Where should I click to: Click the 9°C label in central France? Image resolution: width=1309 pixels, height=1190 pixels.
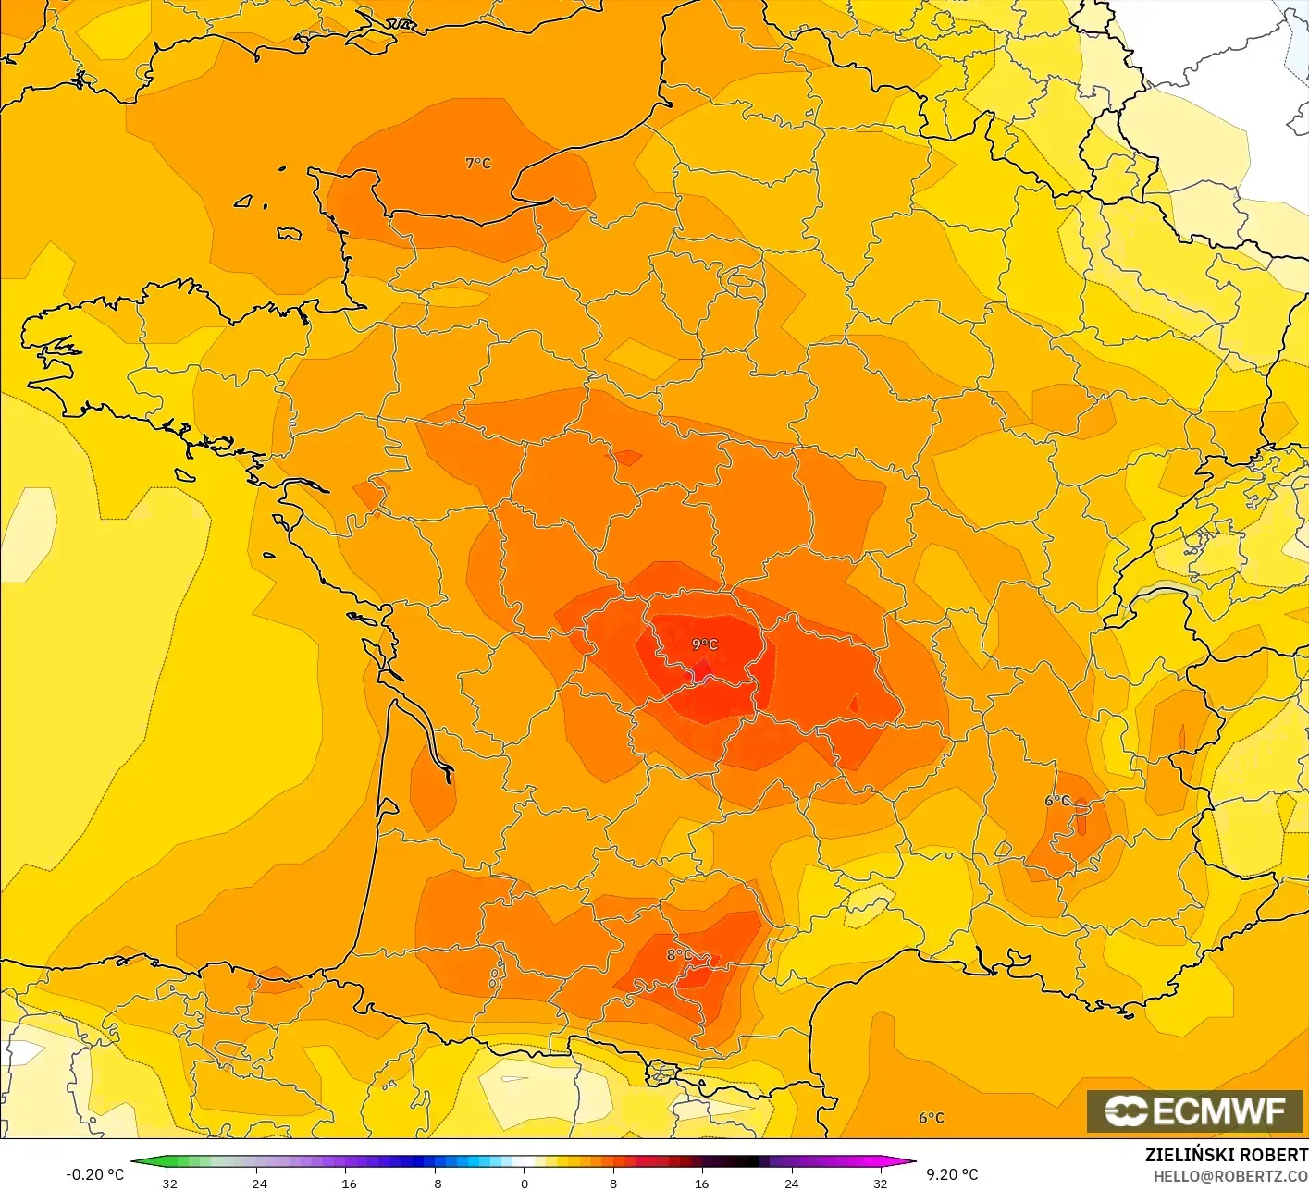point(705,644)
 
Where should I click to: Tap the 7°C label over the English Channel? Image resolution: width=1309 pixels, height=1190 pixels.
point(478,164)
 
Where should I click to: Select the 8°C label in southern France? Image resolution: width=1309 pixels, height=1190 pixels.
point(680,955)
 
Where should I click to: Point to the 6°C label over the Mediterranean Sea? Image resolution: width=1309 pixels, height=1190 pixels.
point(932,1118)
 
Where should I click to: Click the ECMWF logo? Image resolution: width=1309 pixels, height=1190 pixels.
point(1195,1110)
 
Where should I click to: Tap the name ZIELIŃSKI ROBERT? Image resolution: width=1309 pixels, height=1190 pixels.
point(1226,1155)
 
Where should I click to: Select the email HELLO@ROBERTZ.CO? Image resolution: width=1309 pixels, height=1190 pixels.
point(1230,1177)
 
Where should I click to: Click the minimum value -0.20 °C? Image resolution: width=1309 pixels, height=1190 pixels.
point(94,1174)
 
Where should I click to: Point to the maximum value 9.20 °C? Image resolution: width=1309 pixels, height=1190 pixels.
point(952,1174)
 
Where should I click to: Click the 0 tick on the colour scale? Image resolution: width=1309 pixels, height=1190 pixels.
point(524,1183)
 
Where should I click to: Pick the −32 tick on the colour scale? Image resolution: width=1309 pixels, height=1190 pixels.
point(167,1183)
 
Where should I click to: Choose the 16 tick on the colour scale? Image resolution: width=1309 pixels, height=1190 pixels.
point(702,1183)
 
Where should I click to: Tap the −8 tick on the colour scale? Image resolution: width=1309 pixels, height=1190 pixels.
point(435,1183)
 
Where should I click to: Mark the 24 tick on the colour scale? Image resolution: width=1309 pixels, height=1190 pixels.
point(791,1183)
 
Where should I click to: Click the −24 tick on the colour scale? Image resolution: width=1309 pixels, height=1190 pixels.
point(256,1183)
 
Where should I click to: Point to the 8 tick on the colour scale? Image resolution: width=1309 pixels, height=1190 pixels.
point(612,1183)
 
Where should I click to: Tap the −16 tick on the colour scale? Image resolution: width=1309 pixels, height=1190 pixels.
point(345,1183)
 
